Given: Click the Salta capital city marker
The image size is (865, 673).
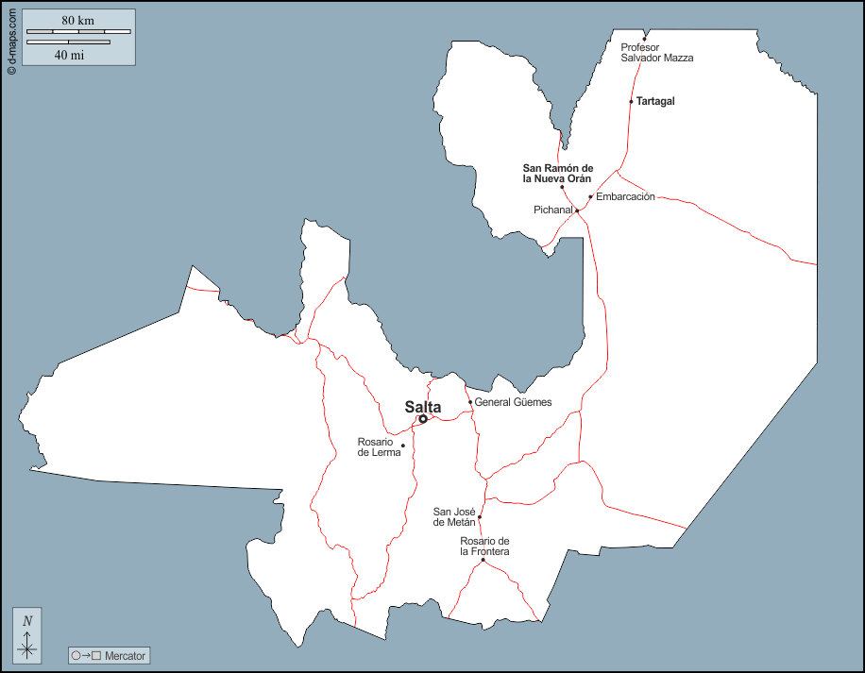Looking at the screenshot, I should point(423,419).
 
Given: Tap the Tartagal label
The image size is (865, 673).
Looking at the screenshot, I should point(655,101).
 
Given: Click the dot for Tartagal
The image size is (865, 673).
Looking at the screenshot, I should point(631,101).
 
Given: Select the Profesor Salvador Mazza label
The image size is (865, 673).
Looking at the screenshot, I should point(656,52).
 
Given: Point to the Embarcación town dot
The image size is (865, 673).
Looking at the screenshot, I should point(590,197).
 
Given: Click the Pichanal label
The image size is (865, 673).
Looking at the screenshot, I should point(553,210).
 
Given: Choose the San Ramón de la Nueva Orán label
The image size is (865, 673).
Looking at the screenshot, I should point(557,173).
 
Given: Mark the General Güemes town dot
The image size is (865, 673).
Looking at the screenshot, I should point(470,402).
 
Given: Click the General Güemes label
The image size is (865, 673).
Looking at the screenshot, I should point(513,402).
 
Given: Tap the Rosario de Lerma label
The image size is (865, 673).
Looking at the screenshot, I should point(379,446).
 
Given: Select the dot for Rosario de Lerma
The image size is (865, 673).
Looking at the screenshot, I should point(403,446).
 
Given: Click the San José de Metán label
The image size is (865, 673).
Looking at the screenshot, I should point(453,516).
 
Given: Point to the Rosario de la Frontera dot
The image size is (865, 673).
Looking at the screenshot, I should point(483,561).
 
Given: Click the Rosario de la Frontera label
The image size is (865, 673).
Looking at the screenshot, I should point(484,546).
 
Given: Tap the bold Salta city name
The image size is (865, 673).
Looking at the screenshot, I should point(423,407).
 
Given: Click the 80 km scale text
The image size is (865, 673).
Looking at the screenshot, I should point(78,21).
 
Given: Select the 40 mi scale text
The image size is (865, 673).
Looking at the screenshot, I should point(69,55).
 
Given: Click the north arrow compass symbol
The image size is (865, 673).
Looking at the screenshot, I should point(27,634).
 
